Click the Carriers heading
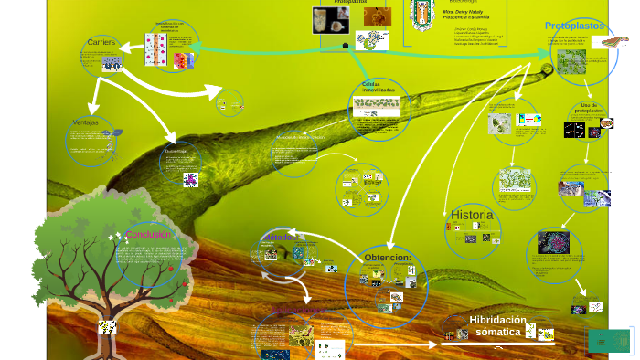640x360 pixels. pyautogui.click(x=101, y=43)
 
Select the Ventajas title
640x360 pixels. pyautogui.click(x=85, y=122)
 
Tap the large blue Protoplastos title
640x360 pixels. pyautogui.click(x=575, y=26)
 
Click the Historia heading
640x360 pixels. pyautogui.click(x=472, y=215)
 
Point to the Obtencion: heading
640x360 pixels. pyautogui.click(x=388, y=258)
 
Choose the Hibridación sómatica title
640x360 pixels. pyautogui.click(x=497, y=325)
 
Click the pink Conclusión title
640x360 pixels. pyautogui.click(x=148, y=235)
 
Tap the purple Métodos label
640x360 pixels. pyautogui.click(x=280, y=238)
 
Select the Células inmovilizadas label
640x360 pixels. pyautogui.click(x=378, y=88)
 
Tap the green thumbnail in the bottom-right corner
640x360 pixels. pyautogui.click(x=609, y=341)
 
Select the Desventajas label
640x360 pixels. pyautogui.click(x=176, y=151)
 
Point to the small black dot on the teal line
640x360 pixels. pyautogui.click(x=344, y=45)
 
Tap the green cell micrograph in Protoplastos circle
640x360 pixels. pyautogui.click(x=572, y=61)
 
